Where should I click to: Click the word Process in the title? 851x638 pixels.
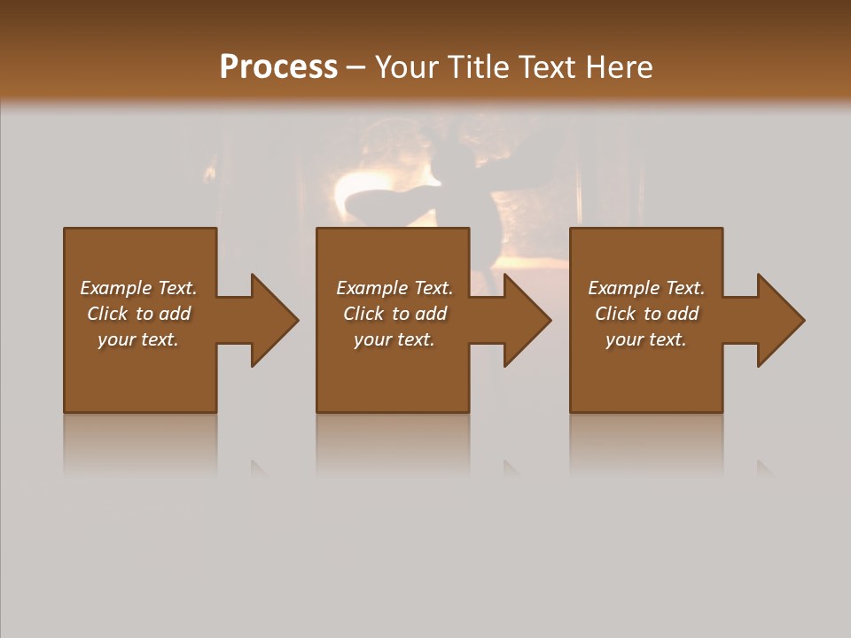coord(278,67)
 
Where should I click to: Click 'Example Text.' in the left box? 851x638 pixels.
coord(138,288)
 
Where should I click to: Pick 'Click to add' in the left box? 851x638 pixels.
coord(138,314)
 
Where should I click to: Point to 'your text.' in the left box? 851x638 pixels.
coord(138,339)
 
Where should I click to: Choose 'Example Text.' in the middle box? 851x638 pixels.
coord(394,288)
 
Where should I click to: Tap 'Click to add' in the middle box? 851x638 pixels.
coord(394,314)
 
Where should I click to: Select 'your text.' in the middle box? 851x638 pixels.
coord(394,339)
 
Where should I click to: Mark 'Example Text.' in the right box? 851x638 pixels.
coord(646,288)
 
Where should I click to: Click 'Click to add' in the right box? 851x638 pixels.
coord(646,314)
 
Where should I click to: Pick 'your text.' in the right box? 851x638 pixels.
coord(646,339)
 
